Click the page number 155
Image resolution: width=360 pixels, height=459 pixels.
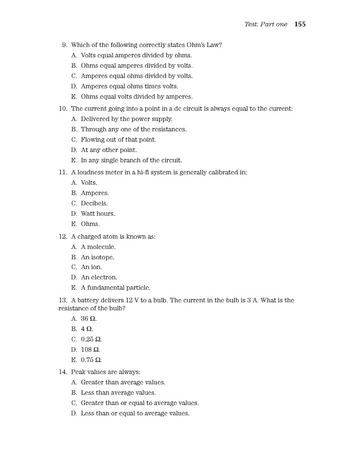coord(300,24)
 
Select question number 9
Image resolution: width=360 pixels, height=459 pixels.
coord(65,45)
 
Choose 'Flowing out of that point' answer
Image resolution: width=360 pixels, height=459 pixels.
coord(118,139)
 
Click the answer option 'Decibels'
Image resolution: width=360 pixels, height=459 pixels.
coord(94,203)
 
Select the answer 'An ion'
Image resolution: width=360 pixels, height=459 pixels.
coord(91,267)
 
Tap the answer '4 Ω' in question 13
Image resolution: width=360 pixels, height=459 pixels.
coord(87,329)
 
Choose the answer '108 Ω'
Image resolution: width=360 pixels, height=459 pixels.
coord(91,349)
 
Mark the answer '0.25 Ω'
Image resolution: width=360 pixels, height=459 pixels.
coord(92,339)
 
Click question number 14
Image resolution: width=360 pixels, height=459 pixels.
coord(63,372)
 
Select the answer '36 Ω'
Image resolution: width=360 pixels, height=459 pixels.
coord(88,319)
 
